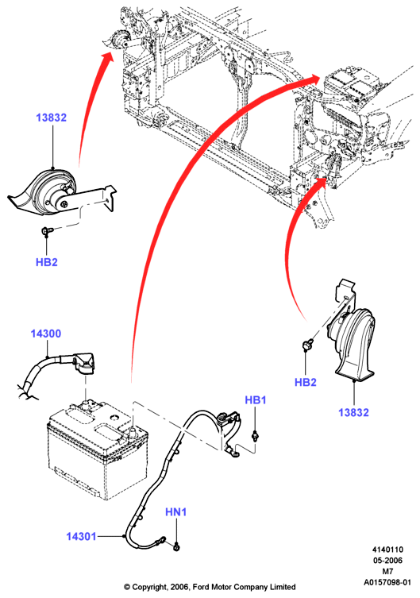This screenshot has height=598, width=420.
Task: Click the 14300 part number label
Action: click(46, 334)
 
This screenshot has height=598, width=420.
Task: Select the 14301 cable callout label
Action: click(81, 536)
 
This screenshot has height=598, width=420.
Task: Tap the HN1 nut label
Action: click(175, 511)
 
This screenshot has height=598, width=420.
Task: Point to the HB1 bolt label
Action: click(256, 400)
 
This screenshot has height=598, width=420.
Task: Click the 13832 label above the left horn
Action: click(51, 118)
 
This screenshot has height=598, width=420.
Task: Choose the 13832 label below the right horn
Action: click(353, 412)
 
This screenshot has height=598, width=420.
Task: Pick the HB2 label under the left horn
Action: click(47, 262)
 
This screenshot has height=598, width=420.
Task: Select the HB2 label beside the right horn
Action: click(306, 382)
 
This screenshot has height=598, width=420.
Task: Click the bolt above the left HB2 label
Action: click(47, 231)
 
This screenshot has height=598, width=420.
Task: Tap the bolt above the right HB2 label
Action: click(307, 345)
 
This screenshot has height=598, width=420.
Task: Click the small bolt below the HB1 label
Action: click(256, 435)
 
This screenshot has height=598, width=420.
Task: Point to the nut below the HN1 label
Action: click(176, 548)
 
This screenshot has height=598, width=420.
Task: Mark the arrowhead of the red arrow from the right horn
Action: click(320, 183)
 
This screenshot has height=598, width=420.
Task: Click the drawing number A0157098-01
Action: click(387, 582)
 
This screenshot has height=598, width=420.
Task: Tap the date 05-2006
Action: click(387, 561)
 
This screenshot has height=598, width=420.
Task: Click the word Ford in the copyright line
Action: click(200, 587)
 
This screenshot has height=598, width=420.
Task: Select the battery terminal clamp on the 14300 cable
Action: click(85, 362)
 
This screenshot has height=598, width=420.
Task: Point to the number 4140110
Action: click(387, 550)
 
